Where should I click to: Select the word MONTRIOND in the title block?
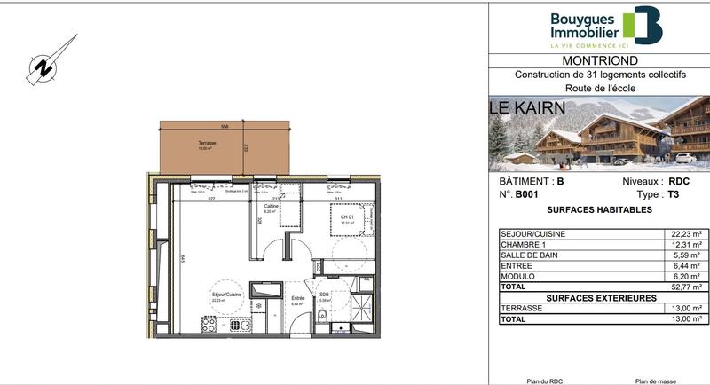tap(599, 60)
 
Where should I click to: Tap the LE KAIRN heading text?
tap(525, 108)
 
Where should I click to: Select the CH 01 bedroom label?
tap(346, 217)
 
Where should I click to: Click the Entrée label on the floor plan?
tap(298, 298)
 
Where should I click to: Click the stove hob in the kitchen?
tap(209, 326)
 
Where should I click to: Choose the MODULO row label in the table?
tap(521, 277)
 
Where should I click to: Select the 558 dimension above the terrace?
tap(225, 127)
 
